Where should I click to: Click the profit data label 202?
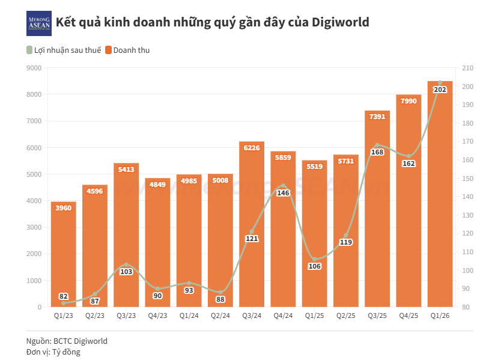click(x=440, y=90)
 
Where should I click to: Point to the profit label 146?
click(x=283, y=193)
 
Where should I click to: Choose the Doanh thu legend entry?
click(x=127, y=50)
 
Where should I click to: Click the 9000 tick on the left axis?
click(x=34, y=68)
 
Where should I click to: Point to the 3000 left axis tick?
click(x=34, y=227)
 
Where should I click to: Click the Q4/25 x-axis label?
click(x=408, y=316)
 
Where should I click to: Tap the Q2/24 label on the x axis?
click(x=220, y=316)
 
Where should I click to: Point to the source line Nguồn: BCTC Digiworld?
click(x=67, y=341)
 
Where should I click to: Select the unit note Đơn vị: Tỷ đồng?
click(x=53, y=352)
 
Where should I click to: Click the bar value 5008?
click(x=220, y=180)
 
